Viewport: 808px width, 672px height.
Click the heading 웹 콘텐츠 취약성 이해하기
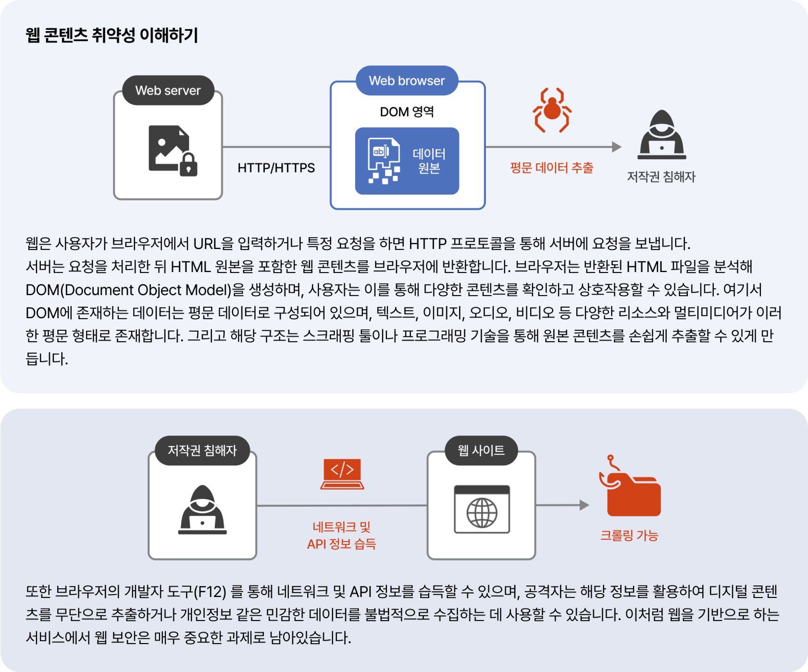tap(112, 35)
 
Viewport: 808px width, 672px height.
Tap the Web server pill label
tap(168, 90)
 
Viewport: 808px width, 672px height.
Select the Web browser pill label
tap(407, 80)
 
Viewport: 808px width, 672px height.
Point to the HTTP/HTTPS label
tap(276, 168)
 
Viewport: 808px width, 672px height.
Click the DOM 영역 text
tap(407, 112)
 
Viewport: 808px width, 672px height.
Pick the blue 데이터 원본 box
tap(407, 161)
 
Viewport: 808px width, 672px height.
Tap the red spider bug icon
tap(552, 110)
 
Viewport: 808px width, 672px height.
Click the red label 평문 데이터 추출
tap(552, 168)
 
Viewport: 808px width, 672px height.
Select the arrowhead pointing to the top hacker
tap(617, 147)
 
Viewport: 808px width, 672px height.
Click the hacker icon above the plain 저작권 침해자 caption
tap(662, 135)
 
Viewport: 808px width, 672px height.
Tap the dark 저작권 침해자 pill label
tap(202, 450)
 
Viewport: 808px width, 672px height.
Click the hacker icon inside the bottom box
tap(202, 510)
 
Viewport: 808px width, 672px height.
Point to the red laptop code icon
tap(342, 474)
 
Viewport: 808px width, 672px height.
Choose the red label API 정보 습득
tap(341, 544)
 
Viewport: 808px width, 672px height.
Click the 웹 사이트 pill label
tap(481, 450)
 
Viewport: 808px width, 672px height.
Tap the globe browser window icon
tap(482, 510)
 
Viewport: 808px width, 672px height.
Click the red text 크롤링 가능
tap(629, 535)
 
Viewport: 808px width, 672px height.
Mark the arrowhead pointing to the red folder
tap(584, 505)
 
